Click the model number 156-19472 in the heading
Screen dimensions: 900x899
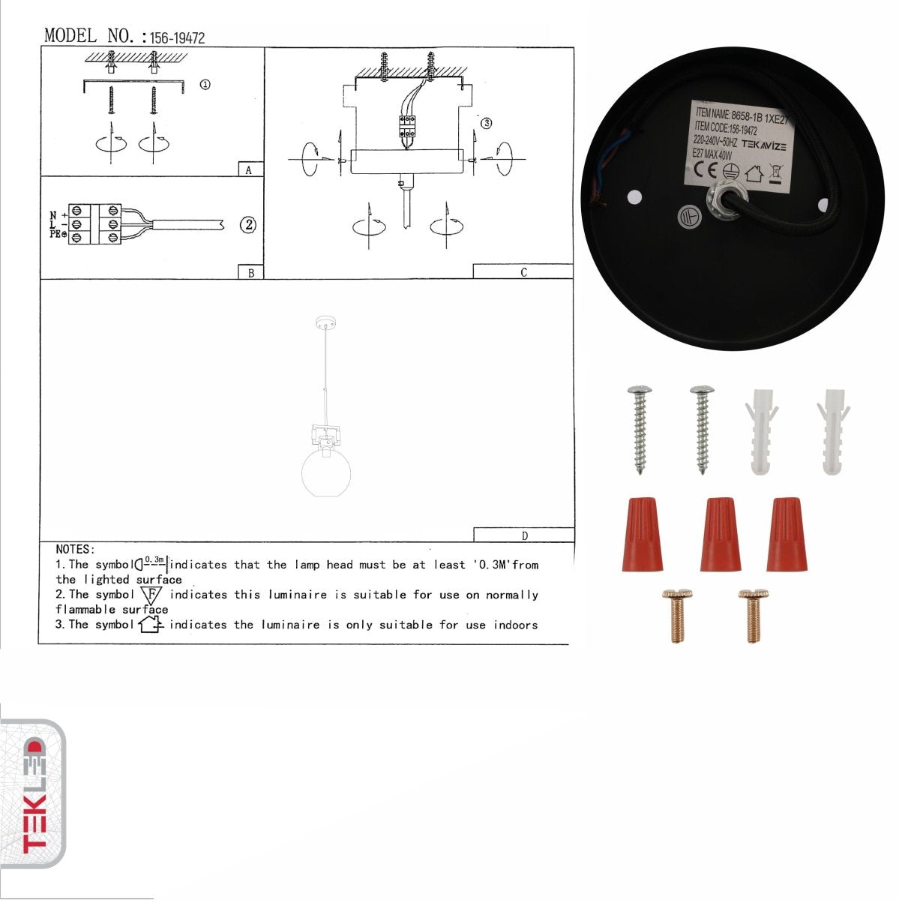click(177, 37)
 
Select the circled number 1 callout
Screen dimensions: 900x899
click(205, 85)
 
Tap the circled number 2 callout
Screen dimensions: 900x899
click(248, 224)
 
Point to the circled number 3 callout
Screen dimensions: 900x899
click(486, 123)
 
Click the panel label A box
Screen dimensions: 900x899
click(250, 169)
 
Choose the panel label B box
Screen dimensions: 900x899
click(250, 272)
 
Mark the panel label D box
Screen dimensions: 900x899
click(523, 535)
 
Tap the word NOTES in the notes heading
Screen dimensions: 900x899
click(75, 550)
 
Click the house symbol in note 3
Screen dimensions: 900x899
click(151, 624)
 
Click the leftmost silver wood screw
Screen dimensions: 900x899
click(640, 429)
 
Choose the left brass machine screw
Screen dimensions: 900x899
click(676, 616)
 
